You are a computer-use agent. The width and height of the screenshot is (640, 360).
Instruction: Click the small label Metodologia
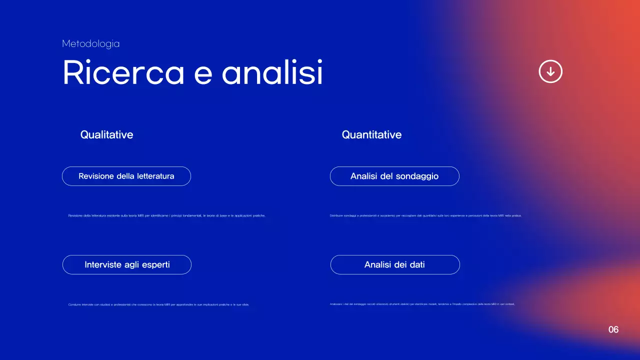(x=90, y=44)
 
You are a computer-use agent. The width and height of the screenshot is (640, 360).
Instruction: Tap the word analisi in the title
(x=272, y=73)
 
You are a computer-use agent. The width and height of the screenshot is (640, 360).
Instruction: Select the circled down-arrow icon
(x=550, y=71)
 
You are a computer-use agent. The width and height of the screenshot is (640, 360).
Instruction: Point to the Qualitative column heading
(x=106, y=134)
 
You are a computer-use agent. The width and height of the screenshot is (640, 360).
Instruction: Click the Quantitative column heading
(x=371, y=134)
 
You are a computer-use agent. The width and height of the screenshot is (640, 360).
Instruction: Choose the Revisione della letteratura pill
(x=126, y=176)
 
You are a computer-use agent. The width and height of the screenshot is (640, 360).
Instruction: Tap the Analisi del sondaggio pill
(x=394, y=176)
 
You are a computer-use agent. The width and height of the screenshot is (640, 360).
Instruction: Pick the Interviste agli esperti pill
(x=127, y=264)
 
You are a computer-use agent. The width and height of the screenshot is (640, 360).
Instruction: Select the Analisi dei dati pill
(x=395, y=264)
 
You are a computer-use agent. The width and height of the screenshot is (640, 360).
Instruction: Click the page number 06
(x=613, y=329)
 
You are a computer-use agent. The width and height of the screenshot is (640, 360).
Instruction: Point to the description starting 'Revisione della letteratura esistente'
(x=167, y=215)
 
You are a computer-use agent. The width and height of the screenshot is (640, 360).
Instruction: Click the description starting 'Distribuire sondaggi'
(x=425, y=215)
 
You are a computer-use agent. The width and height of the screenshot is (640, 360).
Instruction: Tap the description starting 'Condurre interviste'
(x=158, y=304)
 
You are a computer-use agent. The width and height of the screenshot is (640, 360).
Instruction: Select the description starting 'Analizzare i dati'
(x=422, y=304)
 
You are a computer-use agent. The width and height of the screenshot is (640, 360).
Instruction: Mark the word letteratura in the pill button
(x=152, y=176)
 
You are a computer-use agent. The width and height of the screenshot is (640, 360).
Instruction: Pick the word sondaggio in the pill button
(x=417, y=176)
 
